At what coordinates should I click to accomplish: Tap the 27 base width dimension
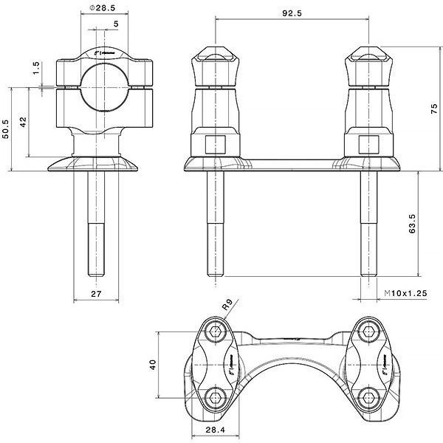pyautogui.click(x=96, y=294)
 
